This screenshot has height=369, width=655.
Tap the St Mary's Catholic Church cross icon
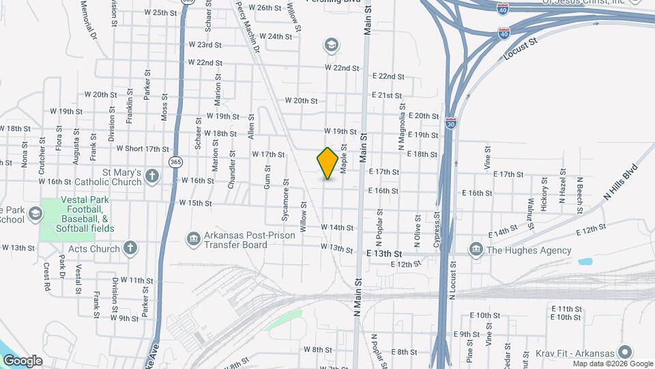pos(151,177)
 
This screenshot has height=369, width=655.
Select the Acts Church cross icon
pos(130,249)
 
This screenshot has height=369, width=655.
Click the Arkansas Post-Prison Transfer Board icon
pos(194,239)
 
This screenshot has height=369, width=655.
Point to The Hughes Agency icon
pos(476,250)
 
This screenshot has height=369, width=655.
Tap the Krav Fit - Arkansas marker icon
pos(624,353)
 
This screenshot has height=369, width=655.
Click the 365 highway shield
pos(175,162)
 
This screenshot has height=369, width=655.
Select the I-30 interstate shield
pos(451,124)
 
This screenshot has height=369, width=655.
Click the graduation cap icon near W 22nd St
pos(332,46)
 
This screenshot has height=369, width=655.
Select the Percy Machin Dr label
pos(248,27)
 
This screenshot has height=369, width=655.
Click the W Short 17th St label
pos(142,148)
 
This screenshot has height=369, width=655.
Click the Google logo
pos(23,361)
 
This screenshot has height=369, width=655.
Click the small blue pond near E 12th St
pos(585,261)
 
